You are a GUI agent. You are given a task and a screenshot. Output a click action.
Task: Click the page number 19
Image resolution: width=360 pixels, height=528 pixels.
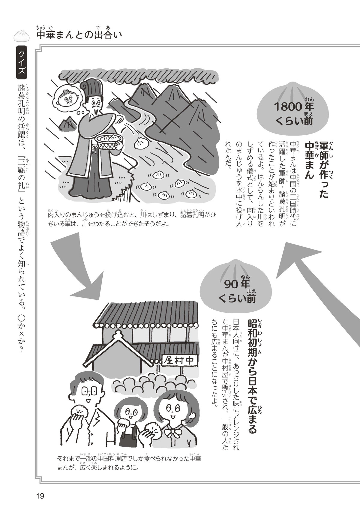click(x=40, y=496)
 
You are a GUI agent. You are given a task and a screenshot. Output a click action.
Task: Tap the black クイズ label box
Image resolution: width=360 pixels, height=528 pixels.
click(x=22, y=63)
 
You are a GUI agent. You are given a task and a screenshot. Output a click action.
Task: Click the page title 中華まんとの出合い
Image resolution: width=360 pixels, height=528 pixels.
click(x=79, y=35)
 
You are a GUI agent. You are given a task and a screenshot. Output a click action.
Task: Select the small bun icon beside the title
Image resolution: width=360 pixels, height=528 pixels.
click(x=22, y=35)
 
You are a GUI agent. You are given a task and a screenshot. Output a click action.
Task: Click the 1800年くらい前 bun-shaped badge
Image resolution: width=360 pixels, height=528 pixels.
click(x=294, y=109)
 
